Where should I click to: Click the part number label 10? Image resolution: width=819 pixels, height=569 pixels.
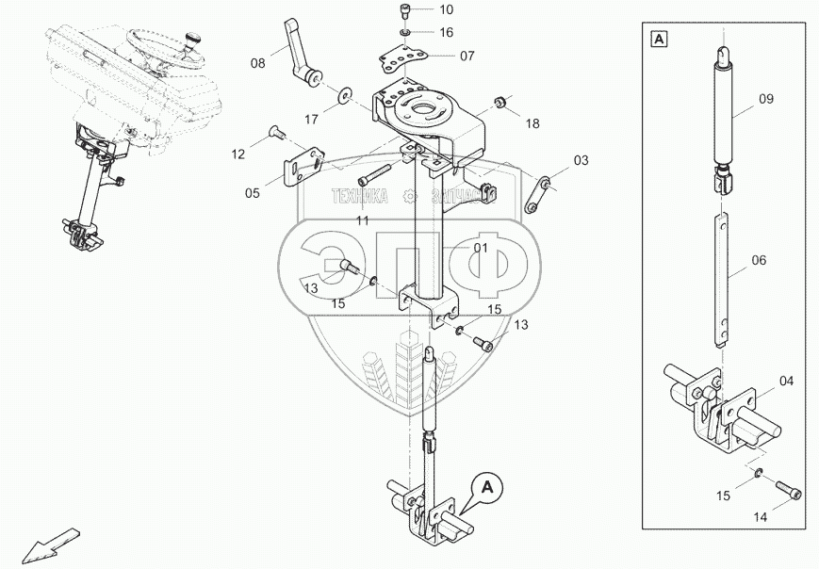click(446, 10)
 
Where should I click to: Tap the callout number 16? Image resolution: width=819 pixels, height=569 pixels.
click(446, 32)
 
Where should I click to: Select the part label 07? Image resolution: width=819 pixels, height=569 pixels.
click(467, 56)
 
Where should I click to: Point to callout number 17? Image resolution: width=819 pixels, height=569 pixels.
click(312, 120)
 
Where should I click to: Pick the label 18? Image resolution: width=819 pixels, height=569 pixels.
click(532, 123)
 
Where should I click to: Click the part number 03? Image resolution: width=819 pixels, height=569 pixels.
click(580, 160)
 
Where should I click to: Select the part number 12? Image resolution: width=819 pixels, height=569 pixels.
click(238, 153)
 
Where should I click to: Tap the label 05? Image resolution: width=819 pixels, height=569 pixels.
click(252, 193)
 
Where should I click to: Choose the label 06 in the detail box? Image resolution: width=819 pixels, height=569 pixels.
click(760, 260)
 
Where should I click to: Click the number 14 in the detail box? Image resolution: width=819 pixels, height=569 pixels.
click(760, 517)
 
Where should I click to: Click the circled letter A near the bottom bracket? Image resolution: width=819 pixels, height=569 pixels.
click(487, 487)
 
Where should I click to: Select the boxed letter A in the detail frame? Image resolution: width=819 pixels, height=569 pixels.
click(658, 39)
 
